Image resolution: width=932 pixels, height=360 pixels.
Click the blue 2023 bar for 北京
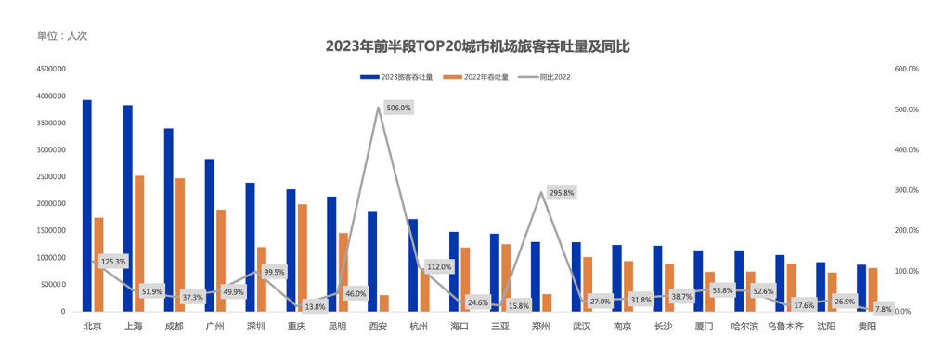click(87, 205)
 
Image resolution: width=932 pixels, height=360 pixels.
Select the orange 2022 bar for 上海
click(139, 243)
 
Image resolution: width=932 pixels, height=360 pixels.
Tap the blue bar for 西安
click(372, 261)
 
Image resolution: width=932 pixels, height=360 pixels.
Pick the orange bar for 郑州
click(547, 302)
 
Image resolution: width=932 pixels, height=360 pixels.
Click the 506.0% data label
click(398, 109)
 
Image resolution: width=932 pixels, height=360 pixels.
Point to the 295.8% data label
click(562, 193)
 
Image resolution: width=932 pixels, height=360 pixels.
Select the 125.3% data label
click(113, 261)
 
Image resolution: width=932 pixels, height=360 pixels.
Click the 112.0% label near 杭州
click(439, 266)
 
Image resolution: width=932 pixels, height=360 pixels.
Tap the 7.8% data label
click(883, 308)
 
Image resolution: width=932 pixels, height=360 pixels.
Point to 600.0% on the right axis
click(906, 69)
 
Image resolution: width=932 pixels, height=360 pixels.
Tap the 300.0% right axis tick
click(906, 190)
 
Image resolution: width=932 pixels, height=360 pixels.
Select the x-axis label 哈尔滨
click(744, 326)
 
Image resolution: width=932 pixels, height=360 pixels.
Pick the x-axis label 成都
click(174, 326)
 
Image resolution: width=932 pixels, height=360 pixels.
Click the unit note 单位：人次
click(62, 36)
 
